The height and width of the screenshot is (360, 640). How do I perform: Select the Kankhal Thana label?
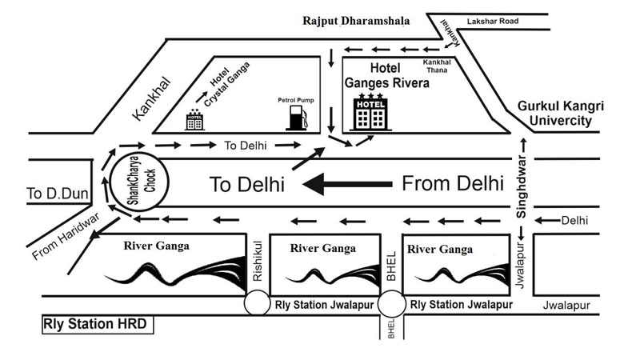[438, 65]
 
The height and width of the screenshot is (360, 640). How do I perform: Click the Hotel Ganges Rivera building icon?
[370, 114]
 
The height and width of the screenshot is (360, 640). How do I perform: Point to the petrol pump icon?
[295, 117]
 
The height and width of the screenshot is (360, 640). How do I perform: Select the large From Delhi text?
[452, 183]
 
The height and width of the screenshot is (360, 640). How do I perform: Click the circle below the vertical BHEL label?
[392, 303]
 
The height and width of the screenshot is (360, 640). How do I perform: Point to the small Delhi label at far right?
[574, 220]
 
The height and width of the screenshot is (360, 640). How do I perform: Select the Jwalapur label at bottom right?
[566, 306]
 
